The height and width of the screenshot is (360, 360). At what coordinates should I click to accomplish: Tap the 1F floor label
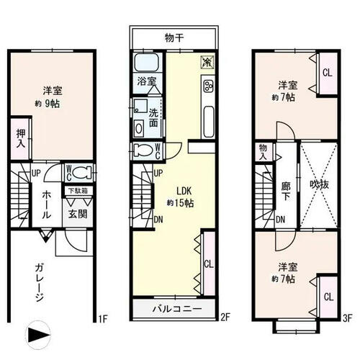point(103,319)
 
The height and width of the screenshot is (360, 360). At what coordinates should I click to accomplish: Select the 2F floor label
point(225,318)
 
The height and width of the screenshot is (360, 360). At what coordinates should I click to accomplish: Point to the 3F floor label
point(347,318)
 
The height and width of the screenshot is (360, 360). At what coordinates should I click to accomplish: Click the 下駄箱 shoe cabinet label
point(77,191)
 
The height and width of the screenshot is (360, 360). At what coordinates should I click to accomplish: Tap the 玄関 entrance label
point(77,214)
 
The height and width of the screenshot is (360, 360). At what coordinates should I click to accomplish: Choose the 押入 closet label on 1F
point(21,138)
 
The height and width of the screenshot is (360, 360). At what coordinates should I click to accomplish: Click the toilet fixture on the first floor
point(82,173)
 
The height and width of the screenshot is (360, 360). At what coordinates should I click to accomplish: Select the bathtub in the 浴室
point(146,63)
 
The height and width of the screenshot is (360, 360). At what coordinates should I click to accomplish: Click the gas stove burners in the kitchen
point(208,86)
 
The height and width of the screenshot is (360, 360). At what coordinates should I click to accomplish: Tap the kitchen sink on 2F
point(208,122)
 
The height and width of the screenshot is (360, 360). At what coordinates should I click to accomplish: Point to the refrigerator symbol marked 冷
point(207,62)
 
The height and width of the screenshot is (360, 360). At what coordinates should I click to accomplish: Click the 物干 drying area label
point(174,38)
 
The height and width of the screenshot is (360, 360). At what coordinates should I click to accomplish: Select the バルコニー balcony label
point(177,308)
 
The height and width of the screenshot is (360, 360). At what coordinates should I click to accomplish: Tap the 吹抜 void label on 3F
point(319,184)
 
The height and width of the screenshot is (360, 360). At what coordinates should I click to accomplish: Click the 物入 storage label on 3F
point(263,152)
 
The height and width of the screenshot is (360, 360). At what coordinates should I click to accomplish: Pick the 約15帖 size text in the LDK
point(181,203)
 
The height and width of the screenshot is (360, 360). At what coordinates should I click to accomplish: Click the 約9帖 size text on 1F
point(48,104)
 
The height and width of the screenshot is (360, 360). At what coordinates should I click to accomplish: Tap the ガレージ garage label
point(40,282)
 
